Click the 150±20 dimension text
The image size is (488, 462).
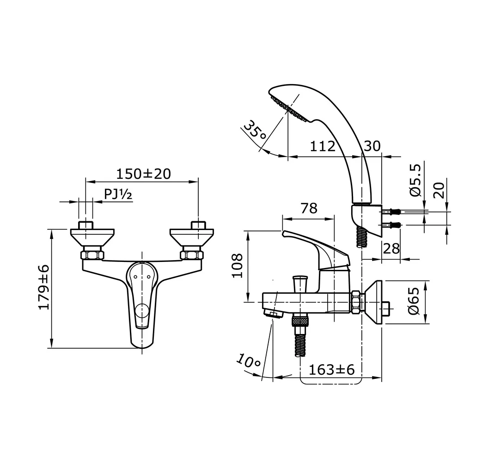tap(143, 174)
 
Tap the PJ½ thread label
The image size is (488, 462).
tap(118, 195)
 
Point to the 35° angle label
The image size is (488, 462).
tap(255, 131)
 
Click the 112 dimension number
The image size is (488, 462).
tap(322, 146)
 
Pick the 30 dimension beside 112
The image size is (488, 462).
tap(372, 146)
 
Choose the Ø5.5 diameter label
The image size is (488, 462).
tap(415, 180)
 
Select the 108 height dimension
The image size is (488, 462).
tap(238, 265)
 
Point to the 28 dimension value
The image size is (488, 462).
tap(391, 249)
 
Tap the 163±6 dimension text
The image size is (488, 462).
tap(331, 369)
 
